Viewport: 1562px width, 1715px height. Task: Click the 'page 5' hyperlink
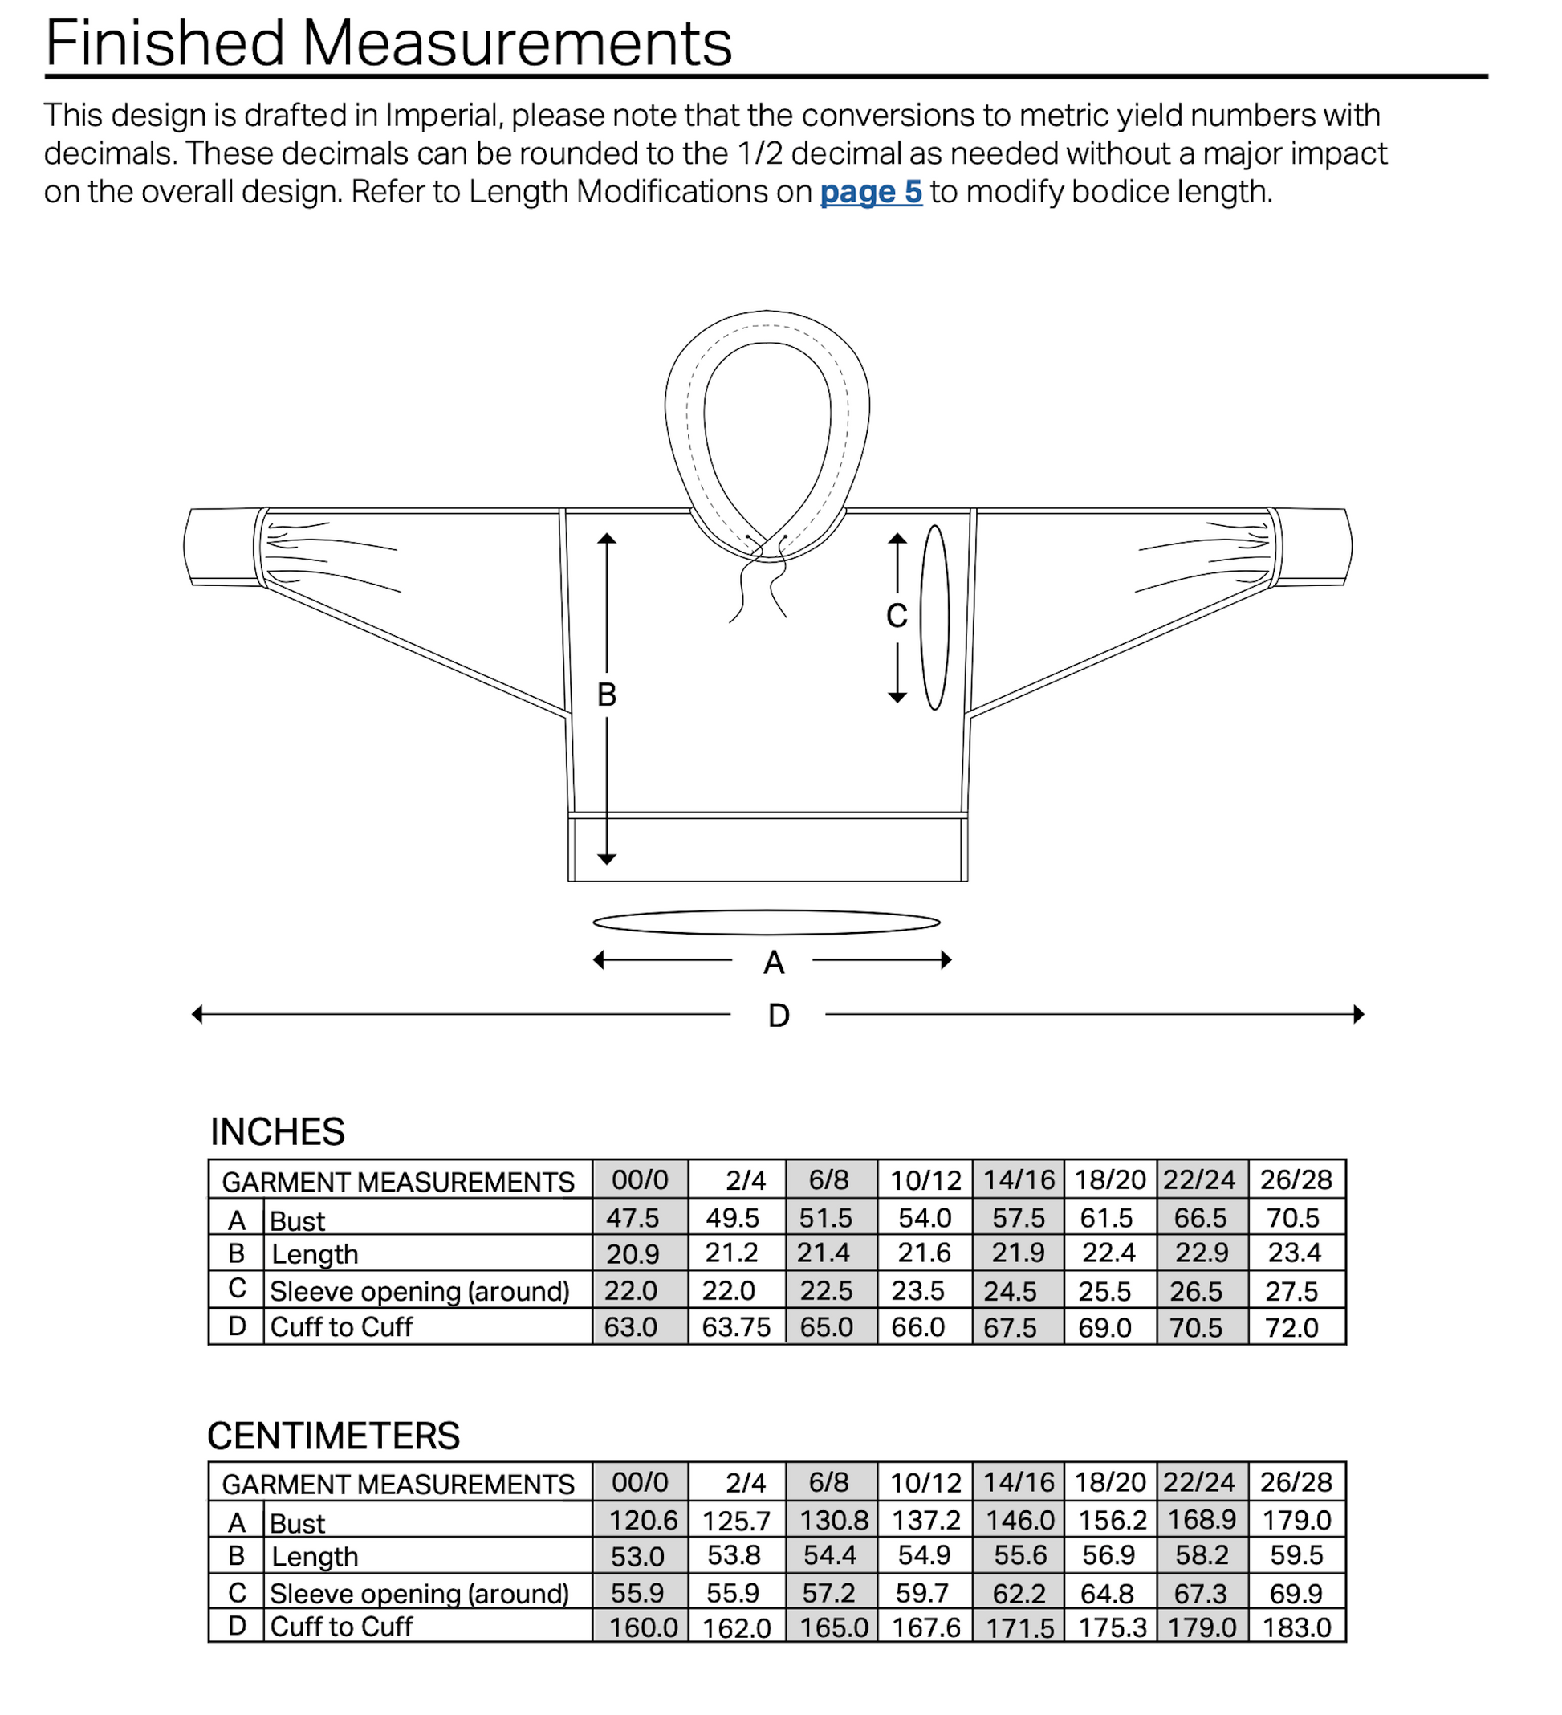(870, 192)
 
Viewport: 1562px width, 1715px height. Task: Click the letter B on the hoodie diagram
(606, 695)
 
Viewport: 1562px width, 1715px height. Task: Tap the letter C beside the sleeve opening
(897, 616)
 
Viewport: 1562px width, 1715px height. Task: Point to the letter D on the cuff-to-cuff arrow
(778, 1016)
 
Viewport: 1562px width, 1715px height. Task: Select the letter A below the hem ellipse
(773, 963)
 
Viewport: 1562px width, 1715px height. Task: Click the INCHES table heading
(277, 1132)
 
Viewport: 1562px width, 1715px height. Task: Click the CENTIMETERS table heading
(333, 1436)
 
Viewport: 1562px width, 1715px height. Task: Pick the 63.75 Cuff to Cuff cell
(735, 1327)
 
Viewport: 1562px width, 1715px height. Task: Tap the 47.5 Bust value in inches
(632, 1218)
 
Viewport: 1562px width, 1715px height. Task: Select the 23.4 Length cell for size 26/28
(1294, 1253)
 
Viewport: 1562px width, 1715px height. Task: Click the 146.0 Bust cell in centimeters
(1019, 1520)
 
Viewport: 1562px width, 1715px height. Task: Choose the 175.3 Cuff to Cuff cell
(1112, 1627)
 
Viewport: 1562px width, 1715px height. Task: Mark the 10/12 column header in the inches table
(925, 1181)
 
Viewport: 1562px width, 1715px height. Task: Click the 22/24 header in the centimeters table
(1199, 1483)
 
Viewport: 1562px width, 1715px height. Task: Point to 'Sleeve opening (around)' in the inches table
(419, 1291)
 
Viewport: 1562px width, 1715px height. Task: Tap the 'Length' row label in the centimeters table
(315, 1557)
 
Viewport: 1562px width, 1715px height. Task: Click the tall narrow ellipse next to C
(934, 617)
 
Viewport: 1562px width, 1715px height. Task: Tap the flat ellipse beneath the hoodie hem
(766, 923)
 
